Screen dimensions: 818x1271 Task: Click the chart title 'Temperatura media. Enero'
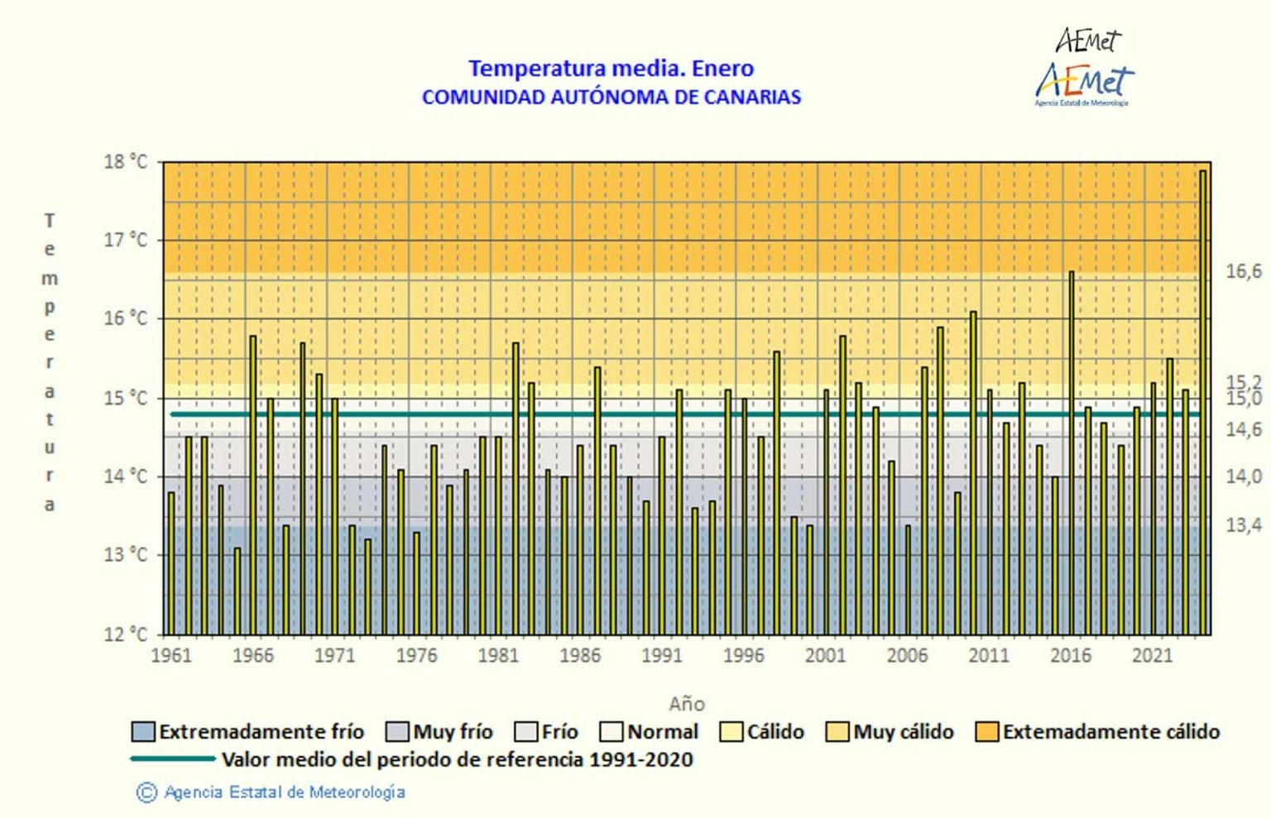pyautogui.click(x=611, y=68)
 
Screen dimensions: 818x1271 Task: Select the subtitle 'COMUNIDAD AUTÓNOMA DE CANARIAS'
pyautogui.click(x=611, y=97)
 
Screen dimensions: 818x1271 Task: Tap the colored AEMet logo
pyautogui.click(x=1084, y=84)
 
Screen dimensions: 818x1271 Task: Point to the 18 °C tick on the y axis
pyautogui.click(x=125, y=162)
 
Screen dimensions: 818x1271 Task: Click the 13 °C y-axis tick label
pyautogui.click(x=125, y=555)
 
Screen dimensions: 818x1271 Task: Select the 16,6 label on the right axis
pyautogui.click(x=1243, y=271)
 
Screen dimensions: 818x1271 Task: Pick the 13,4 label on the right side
pyautogui.click(x=1243, y=525)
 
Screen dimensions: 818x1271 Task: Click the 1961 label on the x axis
pyautogui.click(x=171, y=656)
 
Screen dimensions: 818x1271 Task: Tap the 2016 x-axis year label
pyautogui.click(x=1071, y=656)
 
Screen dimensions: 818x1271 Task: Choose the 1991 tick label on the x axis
pyautogui.click(x=662, y=656)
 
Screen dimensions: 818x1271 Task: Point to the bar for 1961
pyautogui.click(x=171, y=562)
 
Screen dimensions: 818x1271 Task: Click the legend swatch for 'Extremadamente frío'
pyautogui.click(x=143, y=732)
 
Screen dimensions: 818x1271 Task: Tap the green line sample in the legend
pyautogui.click(x=172, y=759)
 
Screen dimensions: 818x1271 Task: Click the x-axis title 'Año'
pyautogui.click(x=686, y=704)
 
